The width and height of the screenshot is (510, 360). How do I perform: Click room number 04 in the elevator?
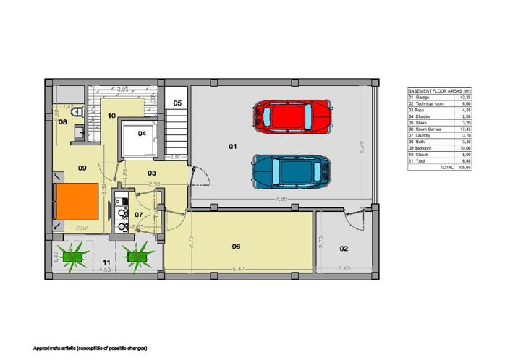click(x=142, y=134)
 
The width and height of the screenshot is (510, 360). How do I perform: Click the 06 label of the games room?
click(x=236, y=247)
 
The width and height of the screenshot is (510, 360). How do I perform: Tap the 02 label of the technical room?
click(x=344, y=249)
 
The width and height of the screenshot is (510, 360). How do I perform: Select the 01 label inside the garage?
click(x=233, y=147)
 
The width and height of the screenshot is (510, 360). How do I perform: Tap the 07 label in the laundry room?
click(x=139, y=215)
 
